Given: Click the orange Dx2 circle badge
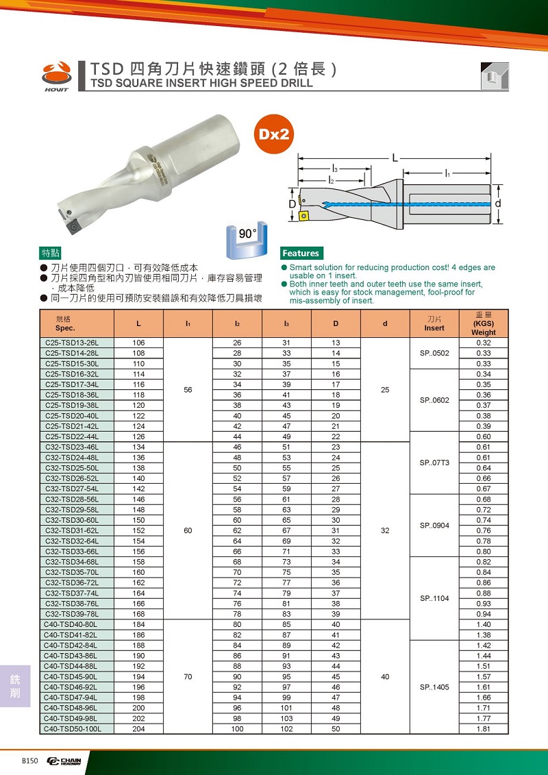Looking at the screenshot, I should click(x=275, y=134).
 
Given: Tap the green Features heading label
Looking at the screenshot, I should click(x=301, y=253).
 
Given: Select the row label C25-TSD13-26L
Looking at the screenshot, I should click(x=72, y=343).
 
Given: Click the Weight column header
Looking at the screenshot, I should click(x=484, y=323).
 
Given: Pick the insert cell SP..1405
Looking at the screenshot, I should click(x=434, y=687).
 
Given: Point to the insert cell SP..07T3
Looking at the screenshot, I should click(x=434, y=463).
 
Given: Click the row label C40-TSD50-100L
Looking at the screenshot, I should click(x=72, y=729).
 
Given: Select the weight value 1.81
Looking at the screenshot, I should click(x=484, y=729).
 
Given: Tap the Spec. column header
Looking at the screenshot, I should click(x=65, y=323).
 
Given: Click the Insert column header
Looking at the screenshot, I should click(x=434, y=323).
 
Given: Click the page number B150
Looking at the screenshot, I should click(x=31, y=761).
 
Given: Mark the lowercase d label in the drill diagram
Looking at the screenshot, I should click(x=498, y=204).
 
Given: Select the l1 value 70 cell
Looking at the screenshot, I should click(x=188, y=677).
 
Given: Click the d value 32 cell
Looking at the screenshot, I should click(x=385, y=530).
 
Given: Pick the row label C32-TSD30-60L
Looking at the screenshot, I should click(x=72, y=520).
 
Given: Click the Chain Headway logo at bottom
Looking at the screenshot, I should click(x=64, y=761).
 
